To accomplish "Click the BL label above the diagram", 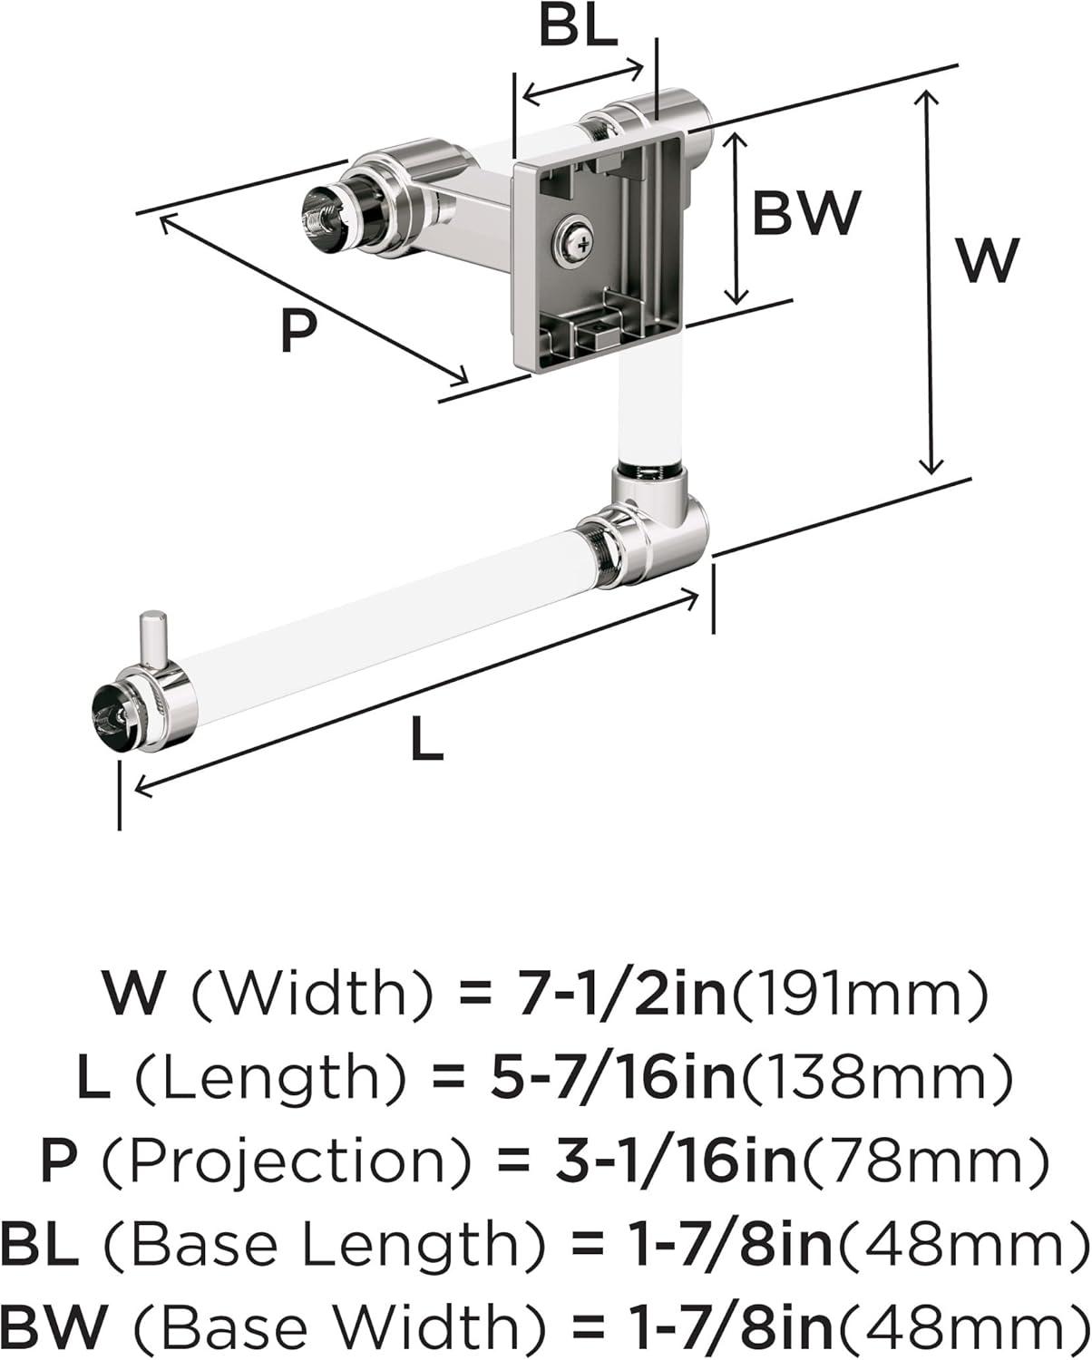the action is click(579, 28).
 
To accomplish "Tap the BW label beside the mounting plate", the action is click(806, 212).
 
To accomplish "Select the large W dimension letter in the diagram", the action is click(988, 259).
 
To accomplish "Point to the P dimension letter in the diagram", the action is click(297, 331).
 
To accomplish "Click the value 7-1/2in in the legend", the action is click(621, 994).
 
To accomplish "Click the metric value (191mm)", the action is click(858, 995).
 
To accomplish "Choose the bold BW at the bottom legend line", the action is click(53, 1335).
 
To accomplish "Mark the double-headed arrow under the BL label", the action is click(583, 83).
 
